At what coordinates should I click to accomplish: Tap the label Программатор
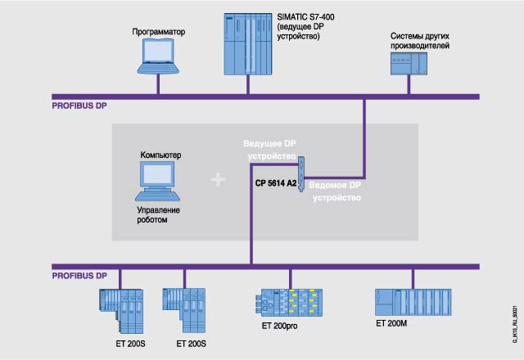[160, 32]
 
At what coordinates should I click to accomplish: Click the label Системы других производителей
[421, 41]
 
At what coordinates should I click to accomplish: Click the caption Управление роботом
[158, 215]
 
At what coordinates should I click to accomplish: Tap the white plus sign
[219, 179]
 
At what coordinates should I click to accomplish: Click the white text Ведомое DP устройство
[338, 191]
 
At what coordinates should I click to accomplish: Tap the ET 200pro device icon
[291, 305]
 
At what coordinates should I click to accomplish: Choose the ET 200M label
[391, 323]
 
